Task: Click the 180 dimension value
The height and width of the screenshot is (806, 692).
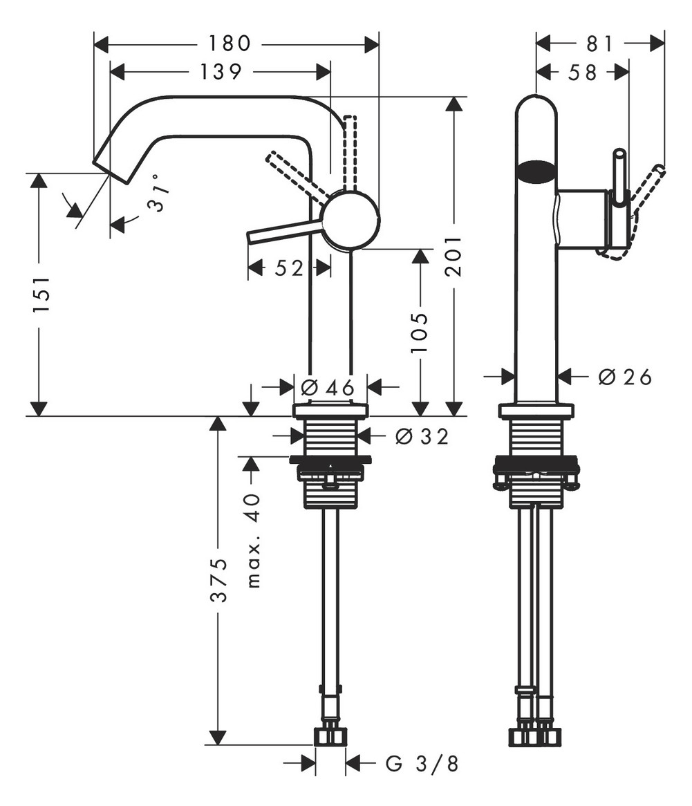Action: point(230,44)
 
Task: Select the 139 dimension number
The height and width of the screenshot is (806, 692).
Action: point(221,71)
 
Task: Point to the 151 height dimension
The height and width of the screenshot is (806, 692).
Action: point(40,295)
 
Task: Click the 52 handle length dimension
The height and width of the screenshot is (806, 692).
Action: point(288,268)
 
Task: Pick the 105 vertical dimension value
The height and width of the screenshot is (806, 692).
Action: point(419,332)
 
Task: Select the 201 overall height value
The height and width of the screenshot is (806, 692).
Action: point(453,256)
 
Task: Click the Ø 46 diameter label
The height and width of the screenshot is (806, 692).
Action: point(328,386)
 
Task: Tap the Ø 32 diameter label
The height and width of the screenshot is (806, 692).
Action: point(422,436)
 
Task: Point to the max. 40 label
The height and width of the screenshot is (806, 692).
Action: point(254,541)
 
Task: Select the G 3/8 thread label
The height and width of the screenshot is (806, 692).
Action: point(422,764)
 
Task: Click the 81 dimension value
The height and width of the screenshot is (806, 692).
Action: point(599,44)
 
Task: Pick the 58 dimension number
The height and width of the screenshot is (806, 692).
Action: point(583,73)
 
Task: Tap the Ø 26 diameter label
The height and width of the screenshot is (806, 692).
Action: point(625,377)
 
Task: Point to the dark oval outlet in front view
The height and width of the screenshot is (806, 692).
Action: point(536,171)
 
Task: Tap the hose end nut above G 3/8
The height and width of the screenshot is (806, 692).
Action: point(330,737)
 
